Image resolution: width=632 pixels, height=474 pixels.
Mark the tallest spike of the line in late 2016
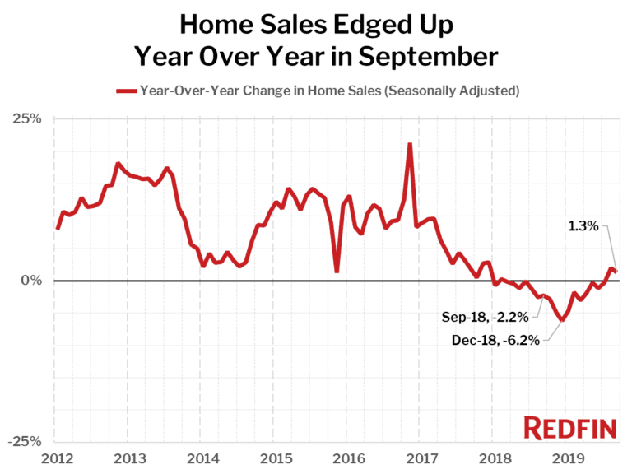pos(410,144)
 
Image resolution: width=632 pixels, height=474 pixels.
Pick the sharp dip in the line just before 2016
pos(337,271)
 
